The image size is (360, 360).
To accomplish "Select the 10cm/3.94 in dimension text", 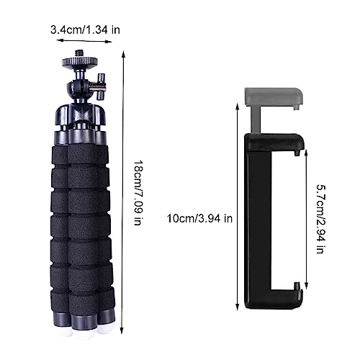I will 199,218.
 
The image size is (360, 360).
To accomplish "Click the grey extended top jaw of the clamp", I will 274,95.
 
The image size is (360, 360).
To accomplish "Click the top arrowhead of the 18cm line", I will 123,52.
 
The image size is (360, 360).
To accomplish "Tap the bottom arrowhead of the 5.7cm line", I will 307,285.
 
